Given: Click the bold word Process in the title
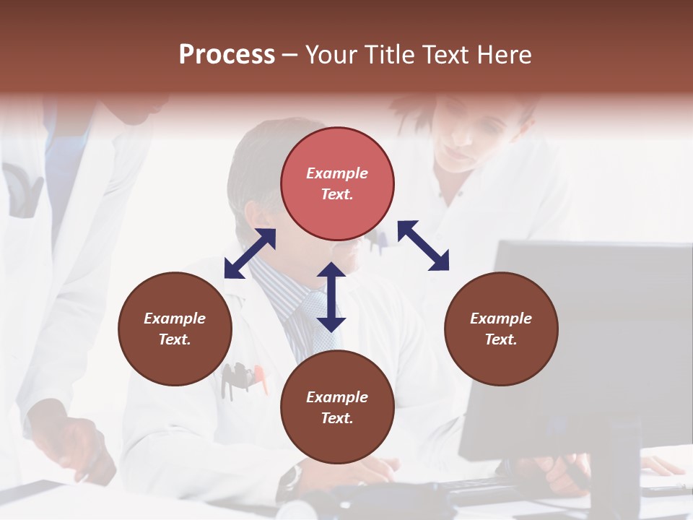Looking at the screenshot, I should [227, 55].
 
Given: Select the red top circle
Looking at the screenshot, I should [337, 183].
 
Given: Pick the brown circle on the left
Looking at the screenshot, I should [175, 329].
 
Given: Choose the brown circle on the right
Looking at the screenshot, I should [501, 329].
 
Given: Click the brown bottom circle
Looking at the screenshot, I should [337, 407].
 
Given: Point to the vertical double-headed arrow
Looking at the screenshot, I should [331, 297].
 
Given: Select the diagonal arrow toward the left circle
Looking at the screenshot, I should [250, 253].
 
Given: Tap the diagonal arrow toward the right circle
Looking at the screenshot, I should [423, 246].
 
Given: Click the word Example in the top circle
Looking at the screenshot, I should [337, 173].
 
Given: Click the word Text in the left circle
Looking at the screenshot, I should [175, 339].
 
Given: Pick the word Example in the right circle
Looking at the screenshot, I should [501, 318].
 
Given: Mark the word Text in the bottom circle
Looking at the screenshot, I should [337, 418].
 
